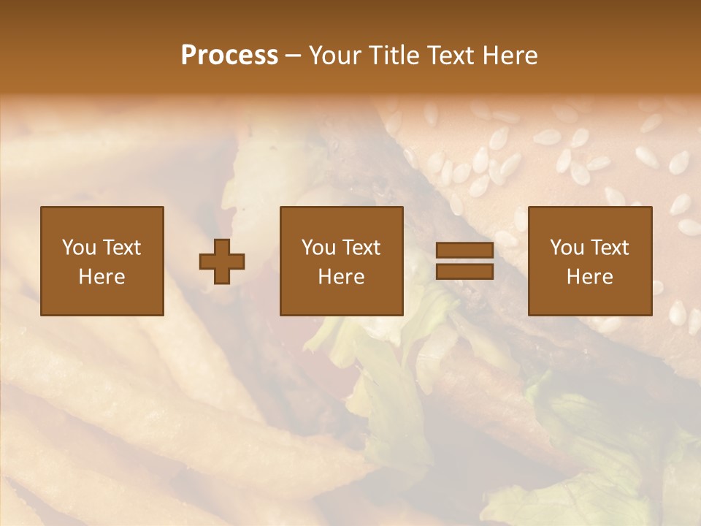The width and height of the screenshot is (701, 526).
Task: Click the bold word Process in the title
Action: (229, 56)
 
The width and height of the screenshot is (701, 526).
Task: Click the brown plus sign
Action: (222, 261)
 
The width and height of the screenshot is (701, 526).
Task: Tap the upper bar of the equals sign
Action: (464, 251)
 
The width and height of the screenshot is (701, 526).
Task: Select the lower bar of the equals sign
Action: (464, 271)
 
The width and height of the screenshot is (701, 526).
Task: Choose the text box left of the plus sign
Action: (102, 261)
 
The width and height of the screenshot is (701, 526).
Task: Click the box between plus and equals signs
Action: (342, 261)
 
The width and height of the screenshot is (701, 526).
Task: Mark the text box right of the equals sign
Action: (590, 261)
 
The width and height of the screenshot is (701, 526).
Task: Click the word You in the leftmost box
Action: (78, 248)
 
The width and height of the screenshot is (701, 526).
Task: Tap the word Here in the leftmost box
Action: (102, 277)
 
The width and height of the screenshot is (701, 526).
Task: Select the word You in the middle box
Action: (318, 248)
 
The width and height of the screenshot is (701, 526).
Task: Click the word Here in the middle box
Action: (342, 277)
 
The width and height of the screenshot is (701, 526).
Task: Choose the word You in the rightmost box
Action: (566, 248)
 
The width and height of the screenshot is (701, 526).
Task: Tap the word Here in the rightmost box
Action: (590, 277)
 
